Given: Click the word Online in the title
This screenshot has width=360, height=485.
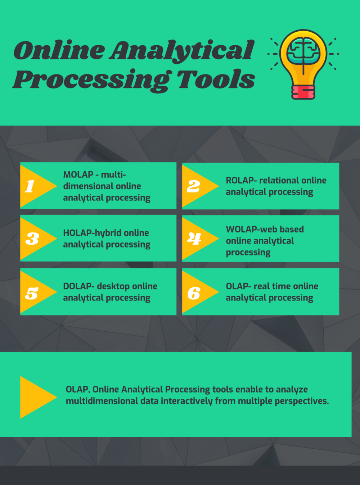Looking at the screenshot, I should click(x=59, y=50).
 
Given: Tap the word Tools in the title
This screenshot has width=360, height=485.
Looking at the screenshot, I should click(x=216, y=80).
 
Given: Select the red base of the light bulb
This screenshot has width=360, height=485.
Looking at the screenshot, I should click(x=303, y=92).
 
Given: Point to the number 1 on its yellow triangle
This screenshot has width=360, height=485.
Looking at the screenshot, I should click(x=30, y=186).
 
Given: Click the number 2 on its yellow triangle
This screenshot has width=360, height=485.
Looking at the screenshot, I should click(x=193, y=186).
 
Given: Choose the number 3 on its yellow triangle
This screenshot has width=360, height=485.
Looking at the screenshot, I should click(x=32, y=239).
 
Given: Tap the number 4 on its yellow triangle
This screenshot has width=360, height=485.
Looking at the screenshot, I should click(x=194, y=238).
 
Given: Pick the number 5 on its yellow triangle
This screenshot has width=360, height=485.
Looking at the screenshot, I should click(x=32, y=293).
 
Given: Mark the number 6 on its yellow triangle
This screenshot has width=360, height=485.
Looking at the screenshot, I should click(x=194, y=293).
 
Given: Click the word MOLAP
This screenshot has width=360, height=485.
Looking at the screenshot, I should click(x=78, y=174).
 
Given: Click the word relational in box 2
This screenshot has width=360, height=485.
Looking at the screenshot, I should click(x=279, y=180).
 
